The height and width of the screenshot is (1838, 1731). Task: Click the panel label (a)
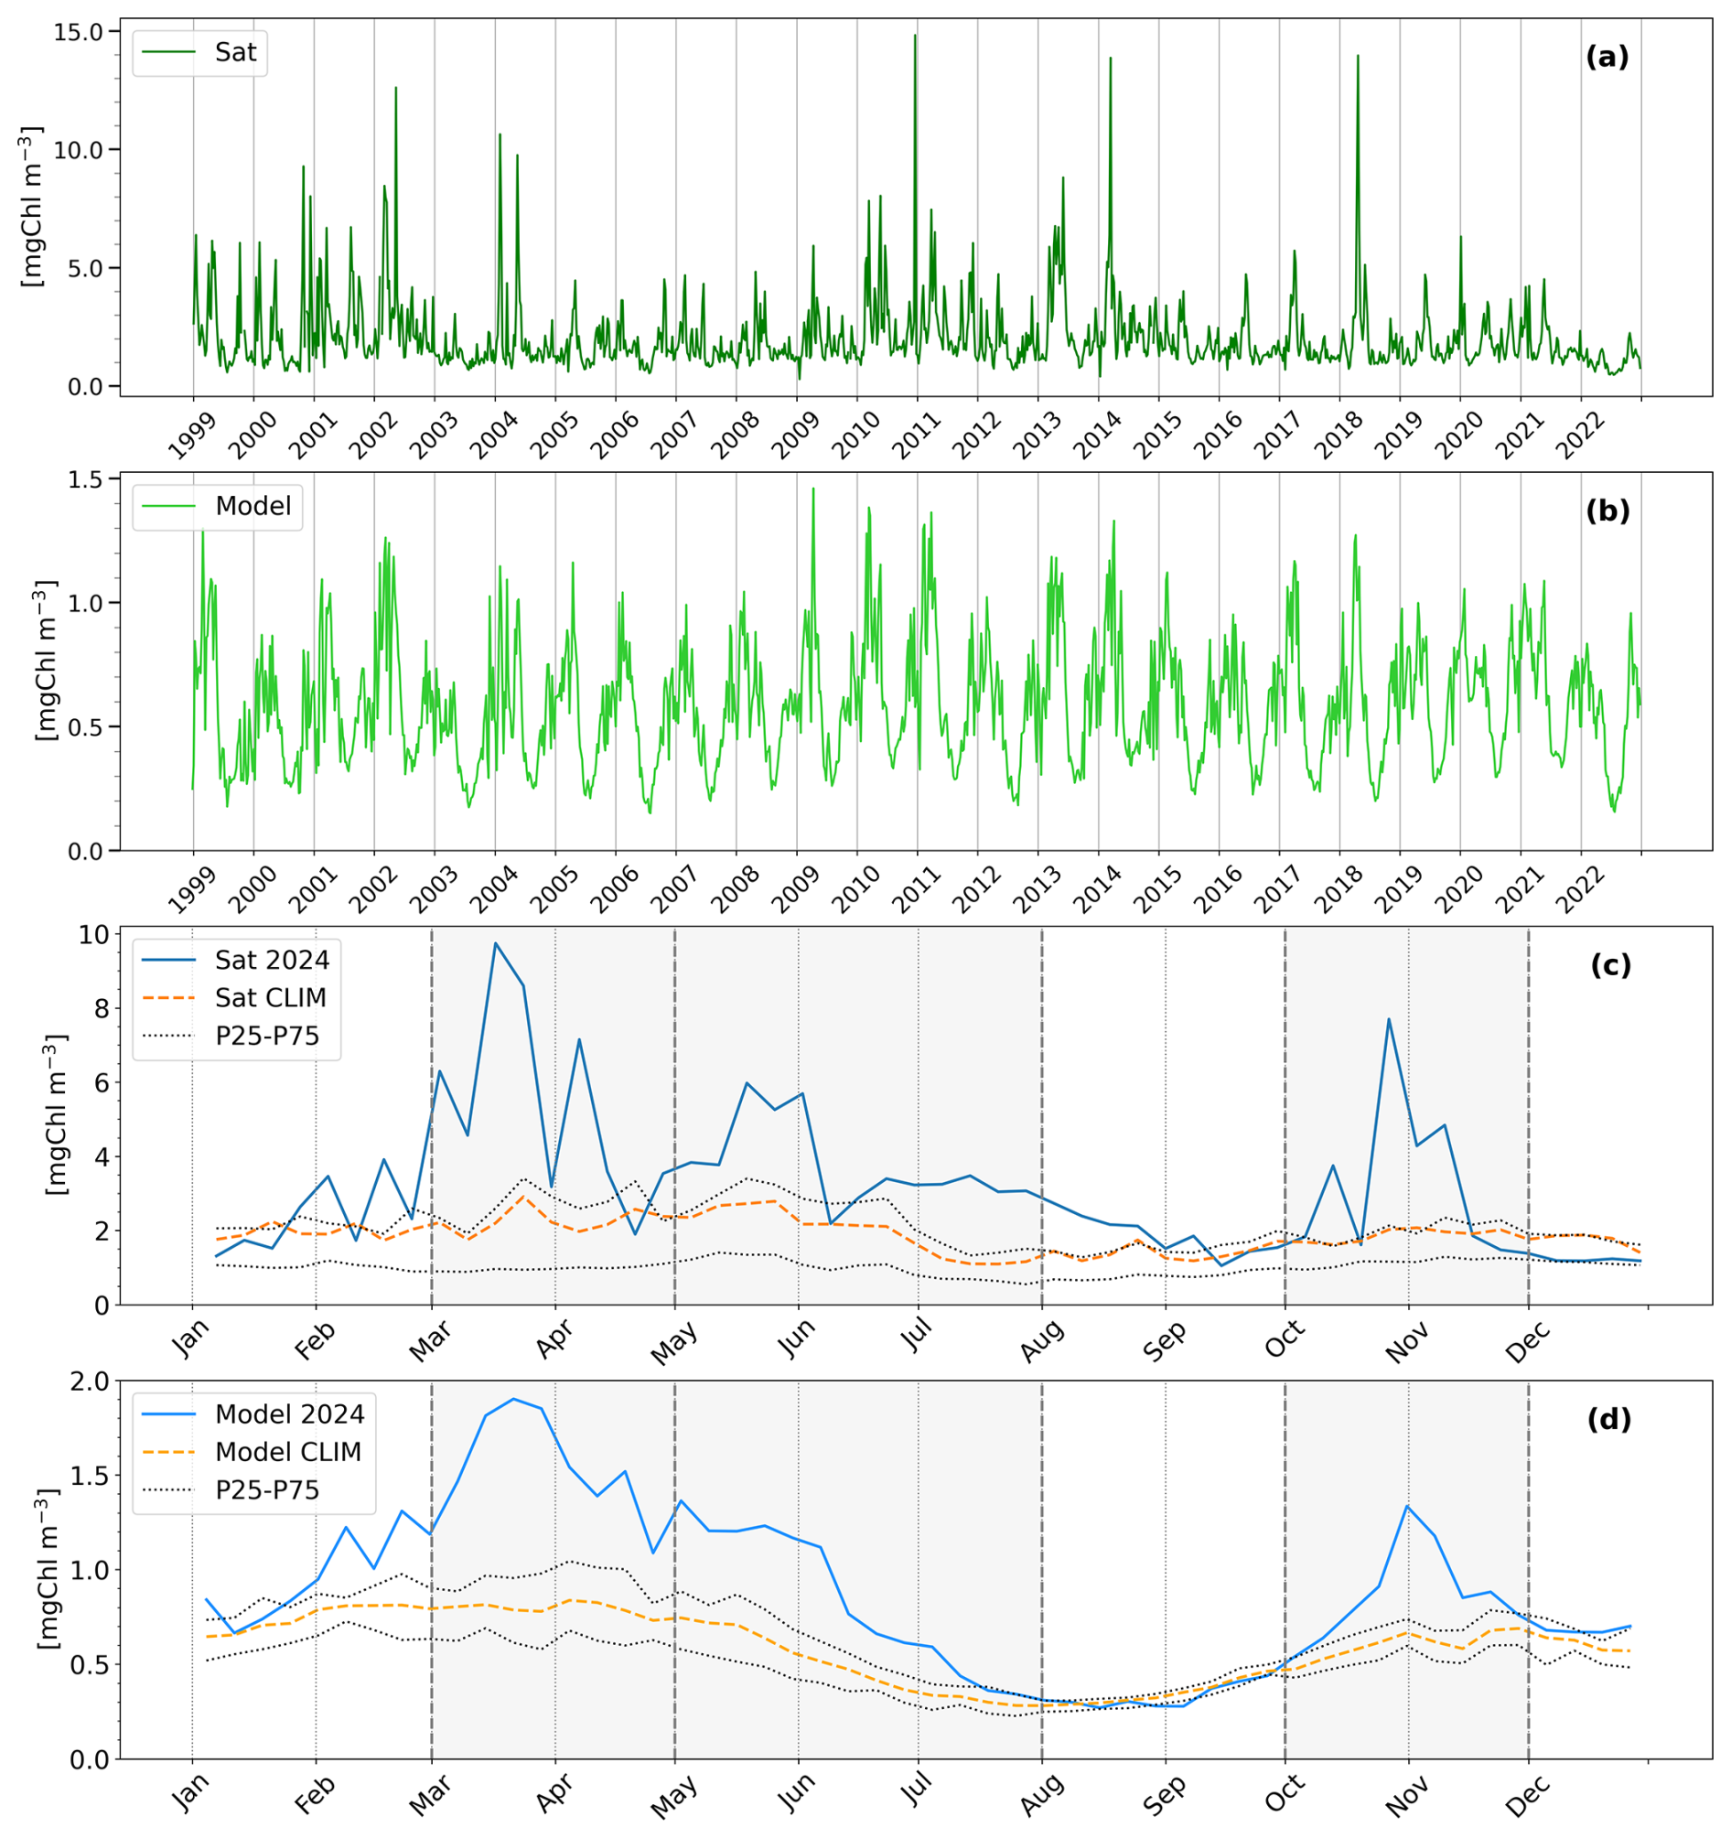(x=1607, y=58)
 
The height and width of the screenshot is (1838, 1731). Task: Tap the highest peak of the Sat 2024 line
(x=496, y=943)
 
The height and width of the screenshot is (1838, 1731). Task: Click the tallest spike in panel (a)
(x=916, y=35)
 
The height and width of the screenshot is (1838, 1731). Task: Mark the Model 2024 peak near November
(x=1406, y=1506)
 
